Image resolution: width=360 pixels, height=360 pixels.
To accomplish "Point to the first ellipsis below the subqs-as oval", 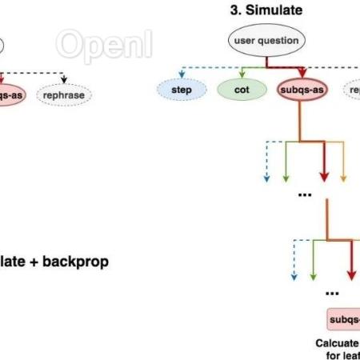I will coord(304,194).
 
